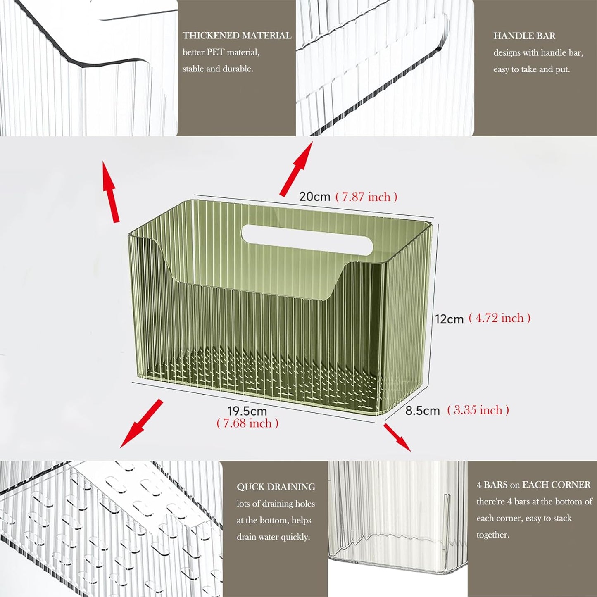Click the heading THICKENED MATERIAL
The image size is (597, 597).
pos(237,36)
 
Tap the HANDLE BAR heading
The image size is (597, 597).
pos(524,36)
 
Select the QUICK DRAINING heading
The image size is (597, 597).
pos(276,487)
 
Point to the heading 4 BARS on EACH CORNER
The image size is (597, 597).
pos(533,485)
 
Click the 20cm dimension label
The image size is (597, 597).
pos(314,197)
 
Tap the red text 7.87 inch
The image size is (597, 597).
pos(366,197)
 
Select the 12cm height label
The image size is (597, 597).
pos(449,319)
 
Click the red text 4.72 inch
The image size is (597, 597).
pos(499,318)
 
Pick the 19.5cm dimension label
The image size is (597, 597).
pos(247,411)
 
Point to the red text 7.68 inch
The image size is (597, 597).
pos(247,423)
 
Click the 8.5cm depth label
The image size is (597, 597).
pos(422,411)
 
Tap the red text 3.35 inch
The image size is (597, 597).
pos(478,410)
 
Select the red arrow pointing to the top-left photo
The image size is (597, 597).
pos(111,191)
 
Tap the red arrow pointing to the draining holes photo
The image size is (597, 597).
pos(141,424)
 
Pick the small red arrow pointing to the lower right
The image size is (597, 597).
pos(397,437)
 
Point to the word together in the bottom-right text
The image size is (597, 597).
pos(492,535)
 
